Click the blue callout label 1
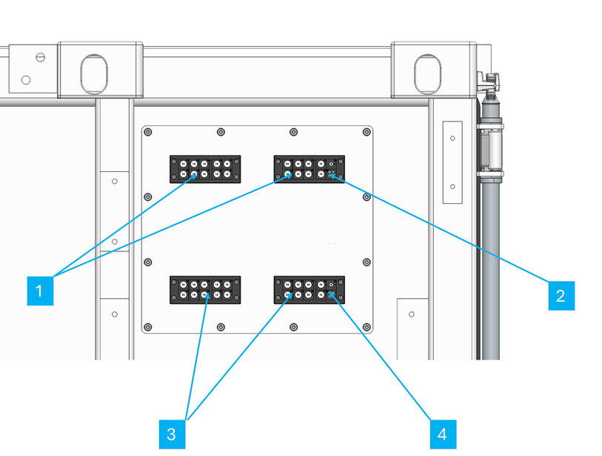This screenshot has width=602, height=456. (x=41, y=290)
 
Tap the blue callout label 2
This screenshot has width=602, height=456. (x=561, y=295)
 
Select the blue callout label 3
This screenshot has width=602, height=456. (x=171, y=434)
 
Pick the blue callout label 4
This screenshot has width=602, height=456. (x=442, y=434)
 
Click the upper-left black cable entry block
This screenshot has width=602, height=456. (x=205, y=169)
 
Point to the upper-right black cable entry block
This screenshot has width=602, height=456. (x=309, y=169)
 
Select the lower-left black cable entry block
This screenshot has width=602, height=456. (x=205, y=289)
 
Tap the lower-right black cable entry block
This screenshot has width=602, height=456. (x=309, y=289)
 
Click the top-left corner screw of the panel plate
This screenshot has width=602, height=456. (x=148, y=132)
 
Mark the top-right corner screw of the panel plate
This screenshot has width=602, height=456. (x=366, y=132)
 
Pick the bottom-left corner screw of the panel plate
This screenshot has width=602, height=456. (x=148, y=327)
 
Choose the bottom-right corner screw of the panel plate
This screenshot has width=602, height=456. (x=366, y=327)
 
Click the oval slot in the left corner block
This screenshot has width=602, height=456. (x=94, y=73)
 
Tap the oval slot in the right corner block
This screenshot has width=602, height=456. (x=427, y=73)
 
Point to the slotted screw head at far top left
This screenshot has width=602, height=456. (x=40, y=57)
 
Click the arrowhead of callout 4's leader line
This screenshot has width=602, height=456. (x=332, y=294)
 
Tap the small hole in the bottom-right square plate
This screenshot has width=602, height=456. (x=412, y=315)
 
